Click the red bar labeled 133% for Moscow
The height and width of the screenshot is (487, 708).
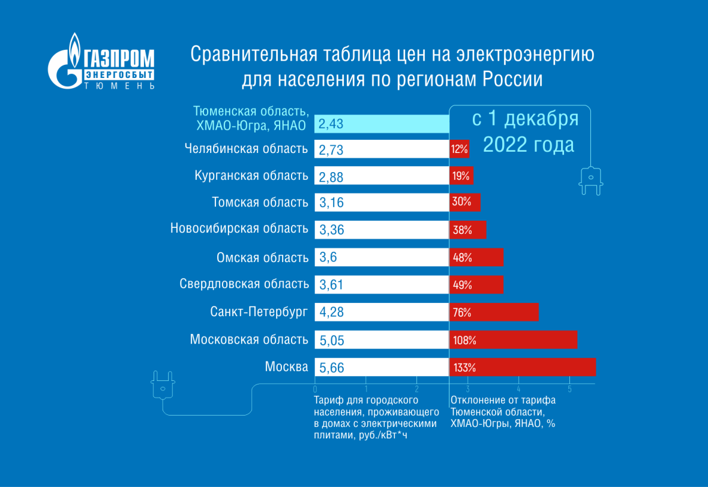pos(522,367)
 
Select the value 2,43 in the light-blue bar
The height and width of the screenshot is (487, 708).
pos(331,124)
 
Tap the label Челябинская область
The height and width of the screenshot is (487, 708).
pos(247,149)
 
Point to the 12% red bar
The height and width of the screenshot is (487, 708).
pos(460,149)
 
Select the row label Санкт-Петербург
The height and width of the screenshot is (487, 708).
pos(259,312)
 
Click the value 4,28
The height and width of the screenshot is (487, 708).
pos(331,312)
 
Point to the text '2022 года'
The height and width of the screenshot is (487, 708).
pos(528,145)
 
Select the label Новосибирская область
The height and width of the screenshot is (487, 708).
pos(239,229)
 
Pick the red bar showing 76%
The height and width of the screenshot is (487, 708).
pos(493,312)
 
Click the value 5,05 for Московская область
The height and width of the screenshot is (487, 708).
pos(332,340)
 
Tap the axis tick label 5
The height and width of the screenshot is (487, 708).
pos(569,389)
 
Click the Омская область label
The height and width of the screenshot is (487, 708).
pos(262,258)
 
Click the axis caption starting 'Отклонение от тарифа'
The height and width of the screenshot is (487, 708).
pos(503,401)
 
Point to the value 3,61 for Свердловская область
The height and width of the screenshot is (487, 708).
pos(331,285)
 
